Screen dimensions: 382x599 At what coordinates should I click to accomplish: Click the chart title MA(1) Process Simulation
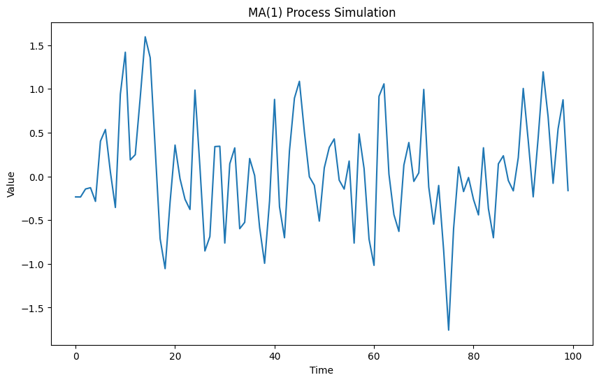coord(322,13)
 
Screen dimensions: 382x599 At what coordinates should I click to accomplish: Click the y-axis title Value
coord(11,182)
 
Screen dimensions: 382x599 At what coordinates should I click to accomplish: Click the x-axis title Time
coord(322,370)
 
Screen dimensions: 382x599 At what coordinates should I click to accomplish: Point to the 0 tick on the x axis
coord(75,356)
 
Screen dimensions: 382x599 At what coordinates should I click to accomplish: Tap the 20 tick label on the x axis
coord(175,356)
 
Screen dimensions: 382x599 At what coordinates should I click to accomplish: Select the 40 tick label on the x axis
coord(275,356)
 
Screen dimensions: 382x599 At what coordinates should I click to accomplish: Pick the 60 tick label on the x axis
coord(374,356)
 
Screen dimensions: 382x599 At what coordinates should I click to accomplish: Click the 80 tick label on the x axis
coord(473,356)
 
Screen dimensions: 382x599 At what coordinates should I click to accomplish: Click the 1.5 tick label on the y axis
coord(37,46)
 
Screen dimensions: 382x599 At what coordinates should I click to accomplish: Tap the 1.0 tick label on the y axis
coord(37,89)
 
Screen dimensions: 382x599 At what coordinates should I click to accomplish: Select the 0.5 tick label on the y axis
coord(37,133)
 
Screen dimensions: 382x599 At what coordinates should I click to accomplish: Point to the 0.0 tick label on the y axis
coord(37,177)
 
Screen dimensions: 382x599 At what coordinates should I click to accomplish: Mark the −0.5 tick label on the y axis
coord(34,221)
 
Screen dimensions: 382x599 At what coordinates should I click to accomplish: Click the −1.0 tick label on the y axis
coord(34,265)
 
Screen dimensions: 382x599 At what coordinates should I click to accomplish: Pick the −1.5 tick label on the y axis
coord(34,308)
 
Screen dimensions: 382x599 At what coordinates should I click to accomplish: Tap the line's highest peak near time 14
coord(145,37)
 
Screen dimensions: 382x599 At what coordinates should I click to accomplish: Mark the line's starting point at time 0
coord(75,197)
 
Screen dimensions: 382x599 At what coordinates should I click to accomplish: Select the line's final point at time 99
coord(568,191)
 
